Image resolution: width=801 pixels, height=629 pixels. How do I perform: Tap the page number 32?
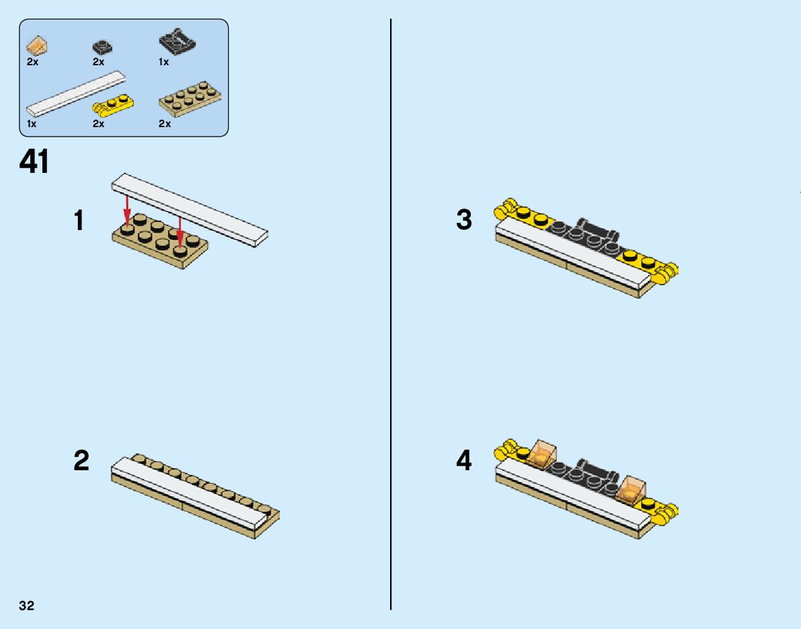(27, 605)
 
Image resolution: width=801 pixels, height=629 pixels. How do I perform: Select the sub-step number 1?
(80, 221)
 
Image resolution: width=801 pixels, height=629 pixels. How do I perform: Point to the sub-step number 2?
(81, 461)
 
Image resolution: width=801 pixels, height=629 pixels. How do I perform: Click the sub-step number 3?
(464, 220)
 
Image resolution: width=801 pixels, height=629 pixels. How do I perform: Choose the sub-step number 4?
(464, 461)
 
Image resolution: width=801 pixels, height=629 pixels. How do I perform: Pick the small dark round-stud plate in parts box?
(102, 48)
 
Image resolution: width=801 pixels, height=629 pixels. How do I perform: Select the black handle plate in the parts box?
(178, 44)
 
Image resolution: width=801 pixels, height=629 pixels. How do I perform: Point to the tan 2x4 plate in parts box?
(190, 99)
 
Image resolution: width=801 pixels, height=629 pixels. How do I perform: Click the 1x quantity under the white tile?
(32, 124)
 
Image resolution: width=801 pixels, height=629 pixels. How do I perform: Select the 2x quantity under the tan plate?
(165, 124)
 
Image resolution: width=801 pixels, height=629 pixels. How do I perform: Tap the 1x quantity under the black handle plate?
(163, 62)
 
